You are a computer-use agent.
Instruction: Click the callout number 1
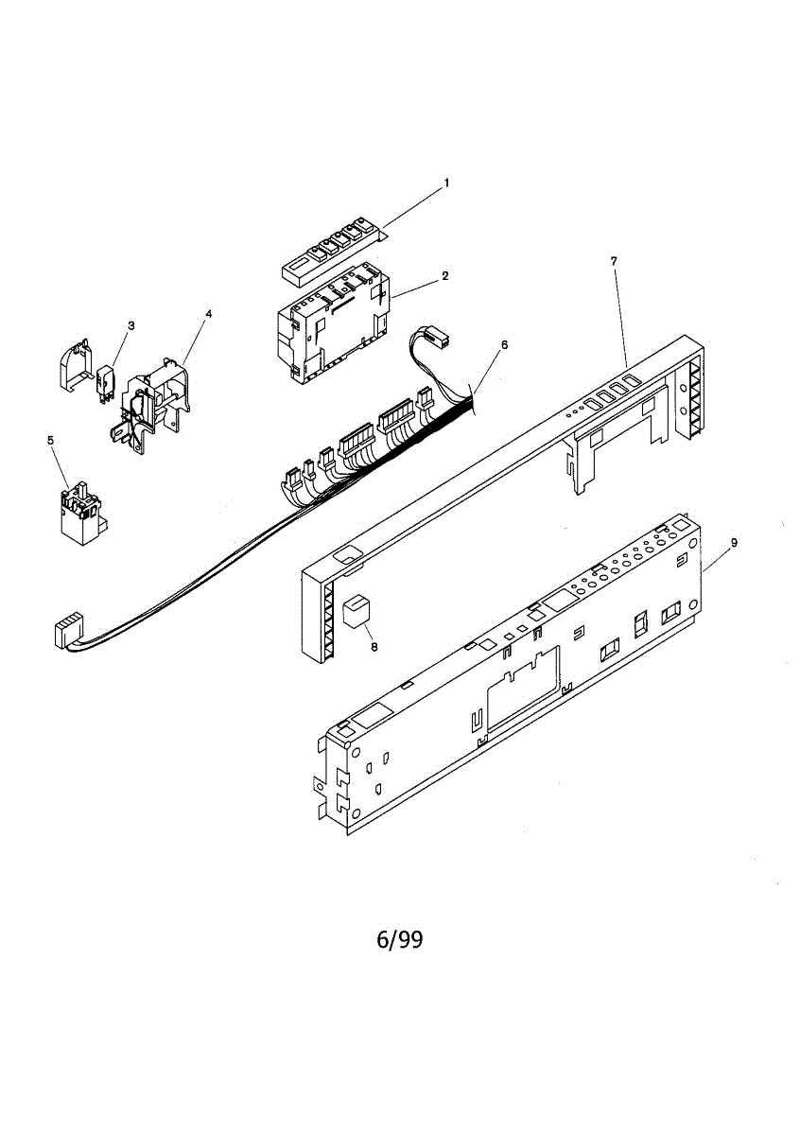pyautogui.click(x=447, y=182)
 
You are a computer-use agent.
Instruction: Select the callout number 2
pyautogui.click(x=444, y=276)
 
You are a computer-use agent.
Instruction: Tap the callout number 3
pyautogui.click(x=130, y=325)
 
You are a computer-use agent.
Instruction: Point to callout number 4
pyautogui.click(x=208, y=313)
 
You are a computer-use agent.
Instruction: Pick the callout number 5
pyautogui.click(x=50, y=440)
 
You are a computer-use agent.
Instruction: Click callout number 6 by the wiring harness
pyautogui.click(x=505, y=344)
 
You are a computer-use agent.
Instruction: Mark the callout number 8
pyautogui.click(x=374, y=648)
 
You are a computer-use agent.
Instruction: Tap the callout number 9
pyautogui.click(x=734, y=543)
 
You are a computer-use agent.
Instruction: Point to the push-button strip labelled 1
pyautogui.click(x=336, y=251)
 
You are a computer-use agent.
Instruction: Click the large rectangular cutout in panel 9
pyautogui.click(x=521, y=695)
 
